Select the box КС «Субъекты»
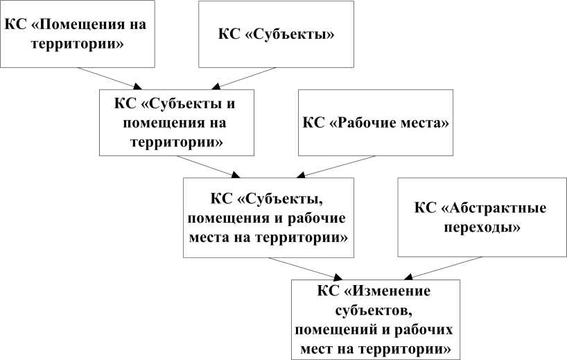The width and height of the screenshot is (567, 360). (x=277, y=34)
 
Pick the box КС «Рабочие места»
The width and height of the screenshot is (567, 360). (x=376, y=122)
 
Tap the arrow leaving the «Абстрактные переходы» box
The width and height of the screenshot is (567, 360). (x=441, y=268)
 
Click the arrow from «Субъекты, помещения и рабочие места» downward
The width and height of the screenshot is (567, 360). (x=306, y=268)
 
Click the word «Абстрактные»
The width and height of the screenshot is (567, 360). (x=497, y=208)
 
